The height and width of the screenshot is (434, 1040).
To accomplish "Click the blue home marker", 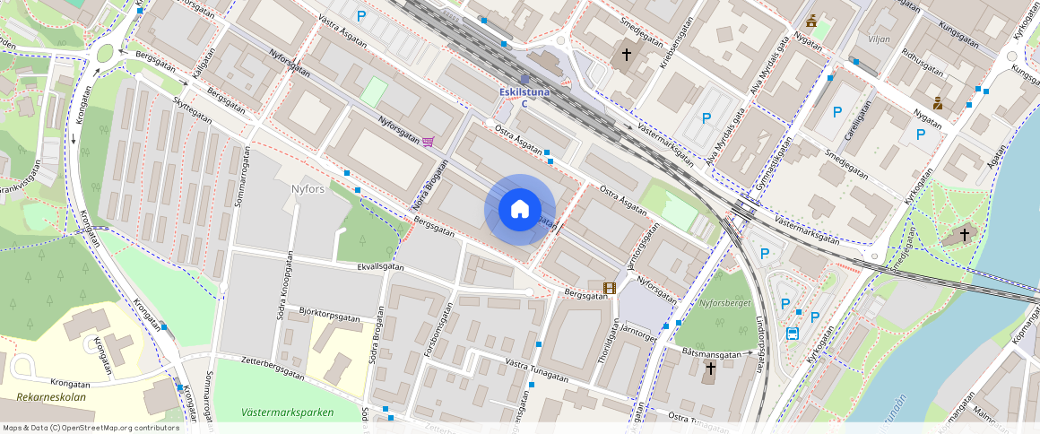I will pyautogui.click(x=519, y=210).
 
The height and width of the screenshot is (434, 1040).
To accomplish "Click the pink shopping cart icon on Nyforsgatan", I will pyautogui.click(x=429, y=142).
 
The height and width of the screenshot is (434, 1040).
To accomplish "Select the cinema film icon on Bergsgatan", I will pyautogui.click(x=610, y=289).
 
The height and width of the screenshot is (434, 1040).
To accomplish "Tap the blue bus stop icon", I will pyautogui.click(x=793, y=334).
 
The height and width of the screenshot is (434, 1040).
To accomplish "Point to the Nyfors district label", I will pyautogui.click(x=308, y=189).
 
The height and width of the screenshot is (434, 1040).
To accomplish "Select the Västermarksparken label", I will pyautogui.click(x=287, y=412).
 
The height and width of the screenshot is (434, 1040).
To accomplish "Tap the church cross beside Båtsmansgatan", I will pyautogui.click(x=710, y=369).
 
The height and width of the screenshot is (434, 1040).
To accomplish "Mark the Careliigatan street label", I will pyautogui.click(x=859, y=122).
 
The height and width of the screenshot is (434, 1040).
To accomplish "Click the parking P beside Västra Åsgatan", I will pyautogui.click(x=362, y=15).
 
